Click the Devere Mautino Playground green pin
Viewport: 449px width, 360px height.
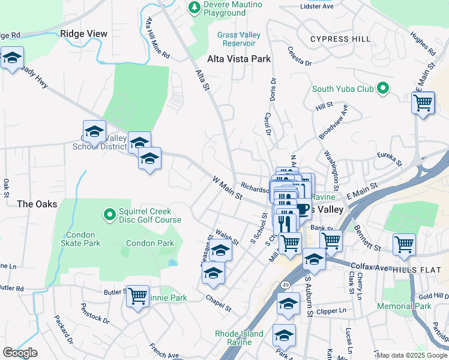click(194, 7)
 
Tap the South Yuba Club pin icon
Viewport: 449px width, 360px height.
click(382, 89)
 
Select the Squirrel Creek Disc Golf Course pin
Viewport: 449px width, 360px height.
click(109, 214)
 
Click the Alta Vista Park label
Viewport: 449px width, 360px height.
click(239, 59)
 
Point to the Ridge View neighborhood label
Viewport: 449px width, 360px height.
click(84, 34)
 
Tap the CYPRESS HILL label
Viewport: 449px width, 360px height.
click(340, 39)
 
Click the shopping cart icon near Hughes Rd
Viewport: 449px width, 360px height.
click(423, 103)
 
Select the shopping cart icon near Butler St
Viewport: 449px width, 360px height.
click(138, 296)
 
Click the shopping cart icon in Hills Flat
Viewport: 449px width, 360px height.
click(404, 244)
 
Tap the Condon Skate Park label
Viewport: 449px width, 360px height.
click(83, 239)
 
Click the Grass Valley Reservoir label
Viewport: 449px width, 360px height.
click(239, 39)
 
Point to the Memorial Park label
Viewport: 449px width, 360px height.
click(404, 306)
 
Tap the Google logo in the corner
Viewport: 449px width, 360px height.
click(20, 353)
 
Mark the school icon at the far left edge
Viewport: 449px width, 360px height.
click(11, 58)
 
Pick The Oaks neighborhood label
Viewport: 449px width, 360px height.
click(37, 204)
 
